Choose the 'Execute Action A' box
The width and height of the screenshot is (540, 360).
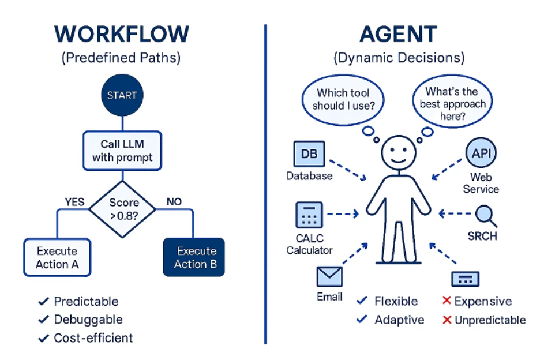(57, 258)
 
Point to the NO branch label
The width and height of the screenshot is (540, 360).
(174, 202)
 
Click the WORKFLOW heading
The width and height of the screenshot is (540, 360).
(122, 35)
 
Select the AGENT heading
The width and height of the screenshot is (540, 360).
(399, 35)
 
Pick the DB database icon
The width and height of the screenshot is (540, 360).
(309, 155)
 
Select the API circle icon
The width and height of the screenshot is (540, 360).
(481, 153)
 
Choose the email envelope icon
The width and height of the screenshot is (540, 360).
(329, 277)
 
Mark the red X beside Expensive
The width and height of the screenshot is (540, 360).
(446, 301)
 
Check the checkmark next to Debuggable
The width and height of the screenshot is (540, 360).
(43, 320)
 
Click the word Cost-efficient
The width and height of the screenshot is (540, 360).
(93, 338)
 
